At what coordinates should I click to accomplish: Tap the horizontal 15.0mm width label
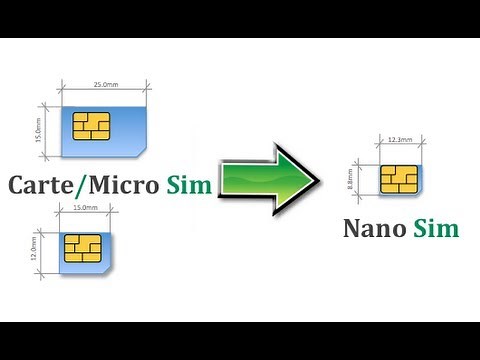86,207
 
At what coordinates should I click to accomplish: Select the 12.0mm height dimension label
35,248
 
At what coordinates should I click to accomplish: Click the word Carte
44,185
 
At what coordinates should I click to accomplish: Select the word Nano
375,228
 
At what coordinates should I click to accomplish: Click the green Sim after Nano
438,228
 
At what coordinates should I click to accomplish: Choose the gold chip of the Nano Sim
398,180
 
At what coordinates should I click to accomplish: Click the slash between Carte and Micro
86,185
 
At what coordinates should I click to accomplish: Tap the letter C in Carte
17,185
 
